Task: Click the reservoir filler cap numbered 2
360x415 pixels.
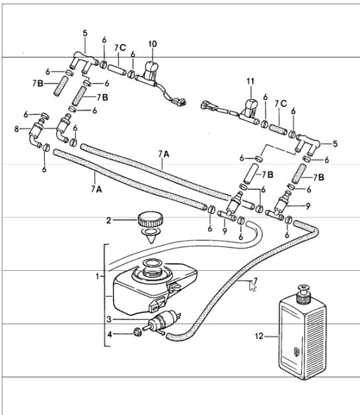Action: click(150, 219)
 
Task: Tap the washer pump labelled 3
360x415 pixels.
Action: click(162, 321)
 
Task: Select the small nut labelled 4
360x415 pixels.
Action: click(137, 332)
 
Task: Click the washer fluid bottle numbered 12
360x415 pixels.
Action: click(303, 334)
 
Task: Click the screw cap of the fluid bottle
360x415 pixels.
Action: click(303, 294)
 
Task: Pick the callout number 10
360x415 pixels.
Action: click(153, 44)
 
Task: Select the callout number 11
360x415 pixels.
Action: click(250, 81)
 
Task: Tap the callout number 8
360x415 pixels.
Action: click(17, 129)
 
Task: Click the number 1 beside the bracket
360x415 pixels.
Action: click(98, 277)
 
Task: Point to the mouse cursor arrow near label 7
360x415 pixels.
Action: click(252, 286)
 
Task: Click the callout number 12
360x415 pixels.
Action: click(259, 336)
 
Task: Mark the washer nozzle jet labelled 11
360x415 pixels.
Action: click(250, 111)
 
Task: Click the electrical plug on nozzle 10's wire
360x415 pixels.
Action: click(179, 102)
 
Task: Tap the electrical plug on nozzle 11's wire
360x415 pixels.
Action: click(209, 106)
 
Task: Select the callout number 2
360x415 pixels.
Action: click(108, 220)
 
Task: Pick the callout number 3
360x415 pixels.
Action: click(109, 319)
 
